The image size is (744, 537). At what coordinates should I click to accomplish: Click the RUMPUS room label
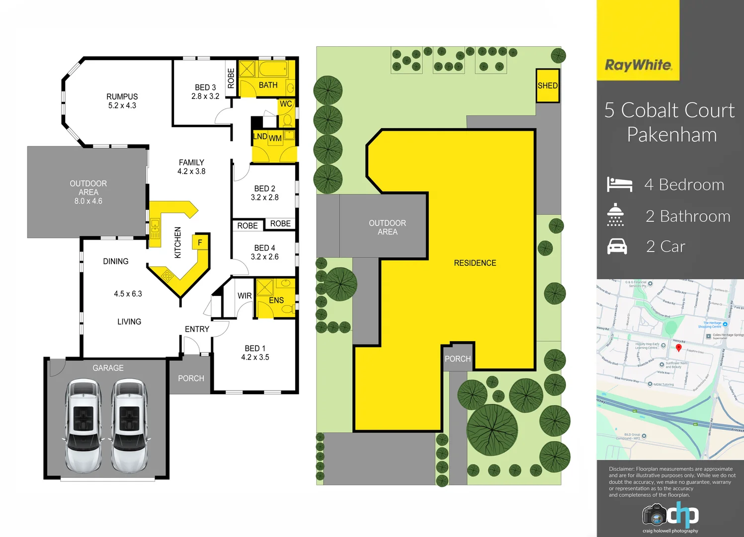(122, 96)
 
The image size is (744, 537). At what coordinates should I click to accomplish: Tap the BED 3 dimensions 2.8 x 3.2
(205, 96)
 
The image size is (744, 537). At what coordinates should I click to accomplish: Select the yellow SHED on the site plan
(548, 86)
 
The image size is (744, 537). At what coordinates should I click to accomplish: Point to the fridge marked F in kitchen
(200, 243)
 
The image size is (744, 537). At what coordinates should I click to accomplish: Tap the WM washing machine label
(275, 138)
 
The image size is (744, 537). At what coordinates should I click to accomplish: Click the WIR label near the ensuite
(245, 296)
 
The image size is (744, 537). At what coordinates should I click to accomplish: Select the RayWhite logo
(638, 65)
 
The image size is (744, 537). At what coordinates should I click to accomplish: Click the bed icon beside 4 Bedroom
(619, 184)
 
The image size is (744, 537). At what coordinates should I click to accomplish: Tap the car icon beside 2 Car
(617, 247)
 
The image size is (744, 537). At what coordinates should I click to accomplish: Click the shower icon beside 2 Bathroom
(615, 215)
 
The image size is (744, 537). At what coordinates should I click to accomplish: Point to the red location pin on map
(678, 348)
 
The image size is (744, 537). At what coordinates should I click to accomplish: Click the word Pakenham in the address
(671, 135)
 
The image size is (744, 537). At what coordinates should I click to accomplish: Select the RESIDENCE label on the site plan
(475, 263)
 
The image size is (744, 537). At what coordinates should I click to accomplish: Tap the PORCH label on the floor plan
(191, 378)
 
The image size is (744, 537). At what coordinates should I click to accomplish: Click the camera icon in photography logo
(655, 516)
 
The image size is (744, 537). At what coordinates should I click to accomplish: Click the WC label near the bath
(286, 104)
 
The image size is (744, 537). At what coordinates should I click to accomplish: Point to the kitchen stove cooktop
(167, 276)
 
